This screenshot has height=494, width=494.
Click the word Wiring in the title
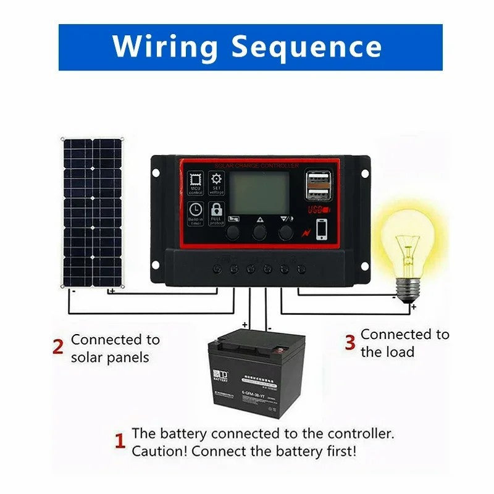point(166,48)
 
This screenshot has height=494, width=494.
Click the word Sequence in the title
point(306,48)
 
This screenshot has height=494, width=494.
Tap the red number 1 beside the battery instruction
point(120,442)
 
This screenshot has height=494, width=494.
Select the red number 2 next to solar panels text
point(58,347)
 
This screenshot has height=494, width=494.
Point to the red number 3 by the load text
point(350,343)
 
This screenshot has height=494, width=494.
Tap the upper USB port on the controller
point(318,180)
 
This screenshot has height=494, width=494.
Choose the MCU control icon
point(195,181)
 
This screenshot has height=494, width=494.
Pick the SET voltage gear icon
point(217,180)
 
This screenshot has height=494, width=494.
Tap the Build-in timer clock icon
point(195,211)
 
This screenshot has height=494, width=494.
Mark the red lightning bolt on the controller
point(303,232)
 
